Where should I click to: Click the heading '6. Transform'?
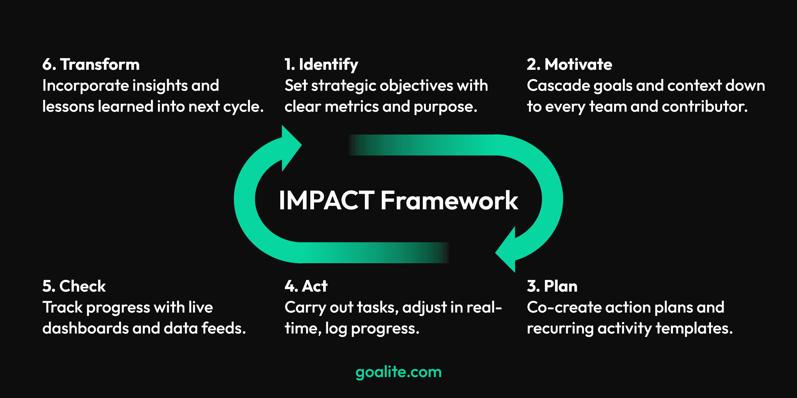pyautogui.click(x=91, y=64)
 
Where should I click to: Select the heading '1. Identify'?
pyautogui.click(x=321, y=64)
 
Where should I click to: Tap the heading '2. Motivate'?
pyautogui.click(x=569, y=64)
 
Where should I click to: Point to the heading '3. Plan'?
pyautogui.click(x=552, y=286)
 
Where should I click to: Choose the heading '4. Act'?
pyautogui.click(x=306, y=286)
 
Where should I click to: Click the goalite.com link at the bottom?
pyautogui.click(x=398, y=372)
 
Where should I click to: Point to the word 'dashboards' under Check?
pyautogui.click(x=85, y=328)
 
